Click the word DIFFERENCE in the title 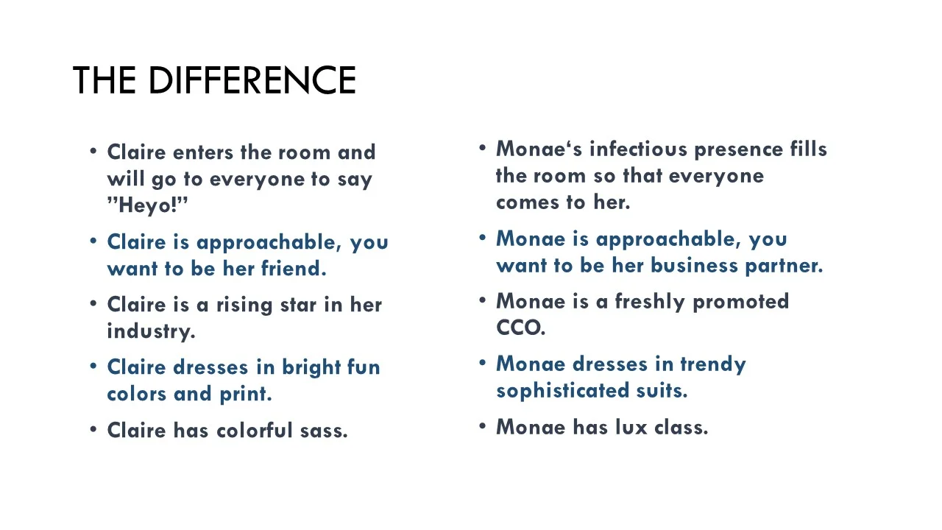[252, 80]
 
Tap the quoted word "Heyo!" [148, 205]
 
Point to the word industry [151, 331]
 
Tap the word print [246, 395]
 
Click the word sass [324, 431]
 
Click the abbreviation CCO [520, 328]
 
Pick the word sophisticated [553, 391]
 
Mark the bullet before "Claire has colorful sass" [93, 429]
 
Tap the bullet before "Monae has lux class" [483, 425]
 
